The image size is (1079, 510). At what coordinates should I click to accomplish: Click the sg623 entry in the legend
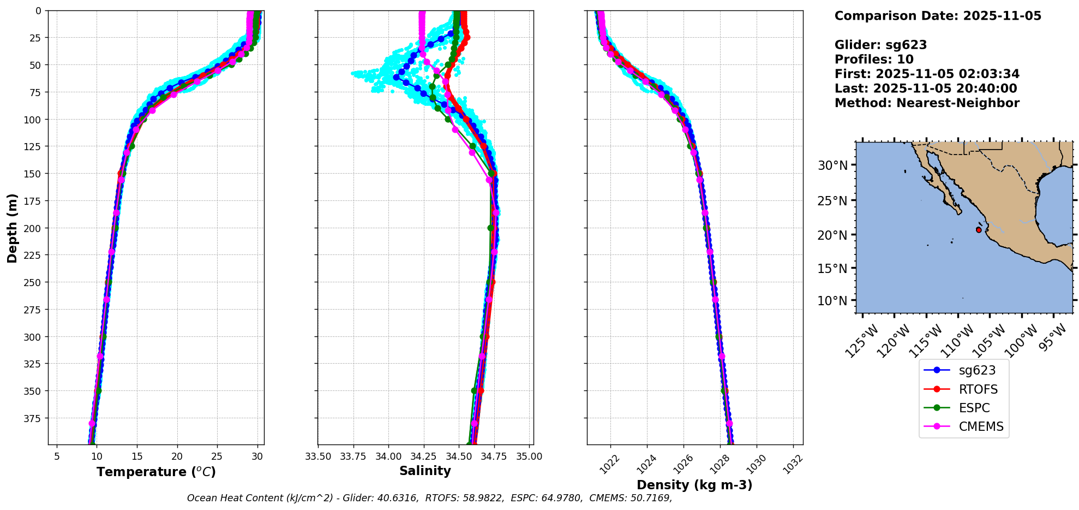[x=976, y=370]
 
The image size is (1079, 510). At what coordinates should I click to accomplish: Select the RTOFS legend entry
[x=978, y=389]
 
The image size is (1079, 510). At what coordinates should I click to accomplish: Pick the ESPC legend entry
[x=974, y=408]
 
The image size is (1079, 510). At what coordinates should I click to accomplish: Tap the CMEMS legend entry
[x=981, y=426]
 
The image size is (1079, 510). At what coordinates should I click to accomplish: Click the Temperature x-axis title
[x=156, y=472]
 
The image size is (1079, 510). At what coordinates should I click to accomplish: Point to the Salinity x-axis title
[x=425, y=471]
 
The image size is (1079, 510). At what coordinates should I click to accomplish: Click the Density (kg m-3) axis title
[x=694, y=485]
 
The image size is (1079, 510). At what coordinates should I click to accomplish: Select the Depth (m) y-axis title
[x=12, y=228]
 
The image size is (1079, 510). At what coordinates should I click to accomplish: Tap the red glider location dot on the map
[x=979, y=230]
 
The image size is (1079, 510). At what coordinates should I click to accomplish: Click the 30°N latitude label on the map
[x=832, y=165]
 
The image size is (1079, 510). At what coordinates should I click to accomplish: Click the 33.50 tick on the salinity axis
[x=318, y=456]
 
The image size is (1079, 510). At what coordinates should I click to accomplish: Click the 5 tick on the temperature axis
[x=57, y=456]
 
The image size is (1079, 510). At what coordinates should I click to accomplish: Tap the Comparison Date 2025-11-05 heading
[x=938, y=16]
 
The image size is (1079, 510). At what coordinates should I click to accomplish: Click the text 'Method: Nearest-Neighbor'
[x=927, y=103]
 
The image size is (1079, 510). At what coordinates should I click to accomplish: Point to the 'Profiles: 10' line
[x=874, y=60]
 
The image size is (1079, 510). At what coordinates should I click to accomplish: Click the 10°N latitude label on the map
[x=832, y=301]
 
